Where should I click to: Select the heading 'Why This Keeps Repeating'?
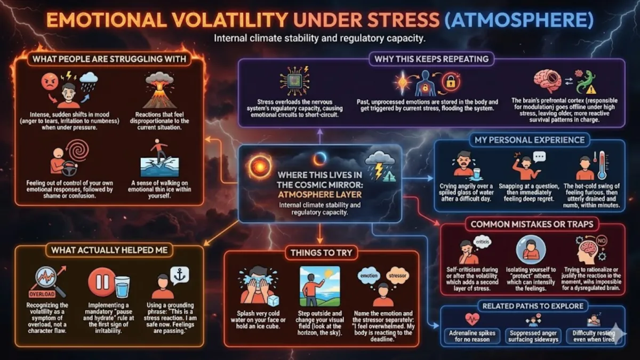pyautogui.click(x=431, y=58)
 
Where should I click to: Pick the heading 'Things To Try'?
pyautogui.click(x=321, y=252)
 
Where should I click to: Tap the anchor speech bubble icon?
pyautogui.click(x=179, y=274)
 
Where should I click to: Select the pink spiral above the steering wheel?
pyautogui.click(x=78, y=151)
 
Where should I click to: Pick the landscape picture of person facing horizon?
pyautogui.click(x=319, y=286)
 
